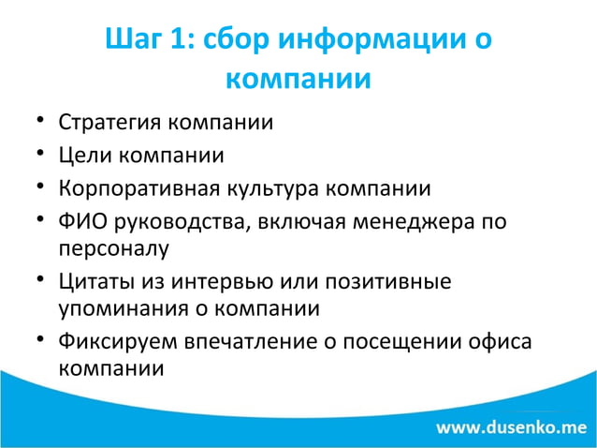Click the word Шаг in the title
click(x=135, y=41)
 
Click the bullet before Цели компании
click(x=41, y=156)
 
